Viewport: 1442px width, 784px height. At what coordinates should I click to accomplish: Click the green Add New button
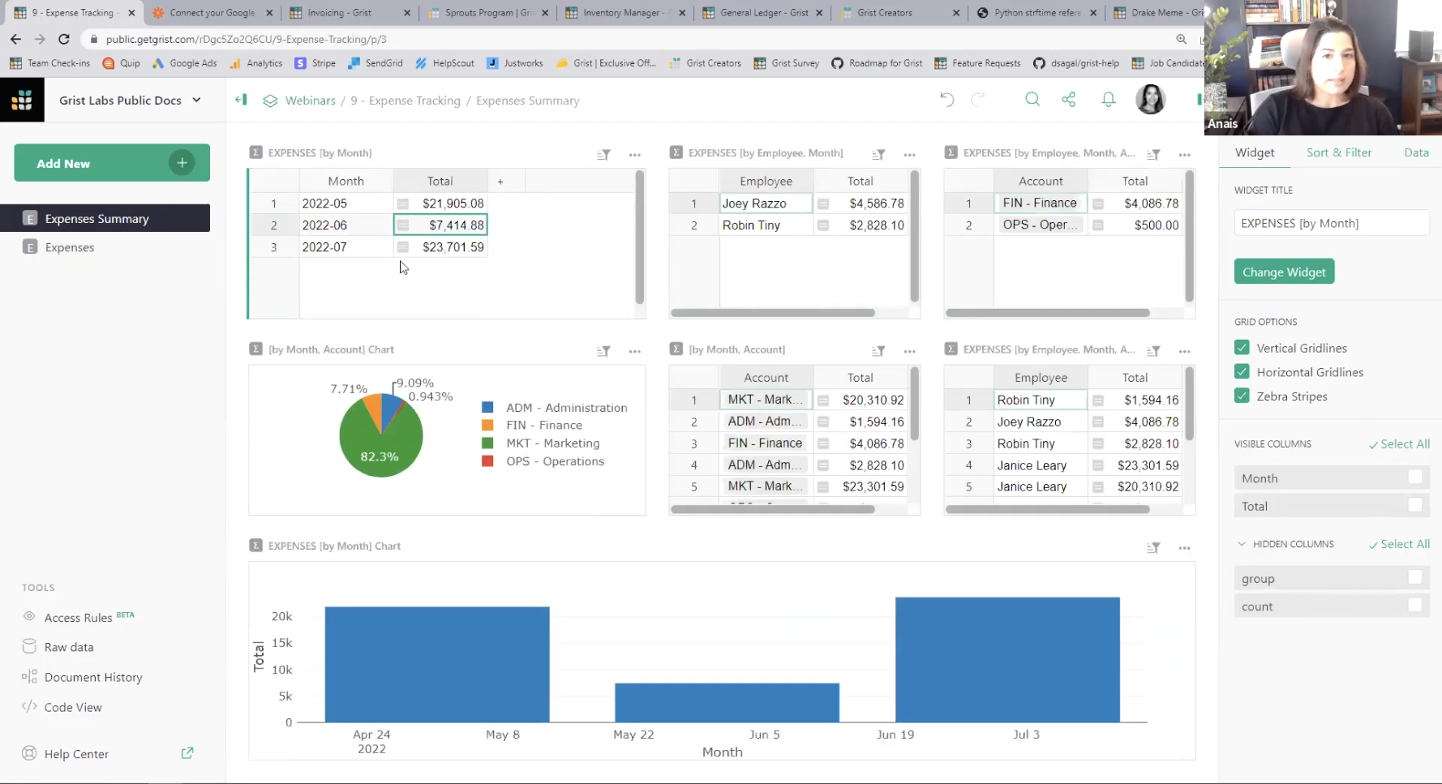(x=111, y=163)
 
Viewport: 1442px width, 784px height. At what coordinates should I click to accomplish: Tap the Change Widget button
(x=1284, y=272)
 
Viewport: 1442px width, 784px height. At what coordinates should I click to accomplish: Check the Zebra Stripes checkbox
(x=1242, y=396)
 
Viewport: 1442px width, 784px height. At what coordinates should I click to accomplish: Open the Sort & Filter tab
(x=1338, y=152)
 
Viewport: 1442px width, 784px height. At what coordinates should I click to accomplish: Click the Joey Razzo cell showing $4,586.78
(x=765, y=203)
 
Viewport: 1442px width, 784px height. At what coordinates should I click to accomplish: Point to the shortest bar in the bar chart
(x=727, y=702)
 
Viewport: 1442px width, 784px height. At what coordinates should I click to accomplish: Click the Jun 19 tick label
(x=895, y=735)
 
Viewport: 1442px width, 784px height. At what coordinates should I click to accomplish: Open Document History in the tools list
(x=93, y=677)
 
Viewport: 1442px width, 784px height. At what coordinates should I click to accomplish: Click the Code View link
(x=73, y=707)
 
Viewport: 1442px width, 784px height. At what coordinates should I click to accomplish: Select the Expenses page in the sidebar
(x=70, y=247)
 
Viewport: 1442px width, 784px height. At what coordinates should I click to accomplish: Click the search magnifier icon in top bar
(x=1032, y=100)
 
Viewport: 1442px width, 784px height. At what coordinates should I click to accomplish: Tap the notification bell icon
(x=1108, y=100)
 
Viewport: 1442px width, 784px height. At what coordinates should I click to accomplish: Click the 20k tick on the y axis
(x=281, y=616)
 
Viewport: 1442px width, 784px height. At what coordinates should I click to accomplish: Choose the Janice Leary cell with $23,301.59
(x=1032, y=465)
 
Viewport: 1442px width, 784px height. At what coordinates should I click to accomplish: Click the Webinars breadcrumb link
(x=310, y=101)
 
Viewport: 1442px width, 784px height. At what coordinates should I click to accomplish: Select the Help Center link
(x=76, y=754)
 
